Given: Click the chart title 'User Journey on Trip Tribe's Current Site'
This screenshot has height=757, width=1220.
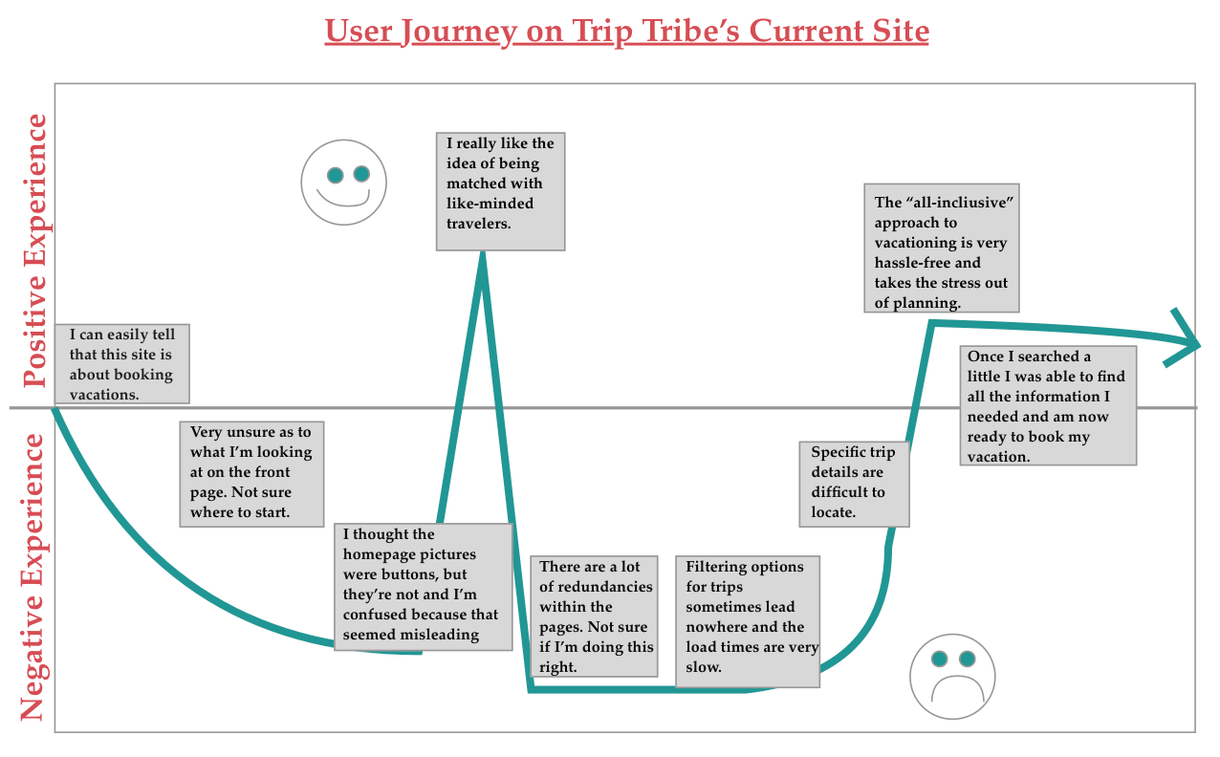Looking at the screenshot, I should click(626, 32).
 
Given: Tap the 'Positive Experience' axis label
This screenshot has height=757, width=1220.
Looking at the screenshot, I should click(34, 250).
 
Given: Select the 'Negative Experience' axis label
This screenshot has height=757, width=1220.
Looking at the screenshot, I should click(34, 576).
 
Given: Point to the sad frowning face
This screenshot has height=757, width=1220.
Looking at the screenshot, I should click(952, 676).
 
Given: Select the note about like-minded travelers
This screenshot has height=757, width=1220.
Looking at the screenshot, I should click(500, 191).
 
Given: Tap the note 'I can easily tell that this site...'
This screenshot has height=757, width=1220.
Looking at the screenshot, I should click(121, 363).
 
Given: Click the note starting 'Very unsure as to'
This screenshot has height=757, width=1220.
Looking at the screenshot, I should click(251, 472).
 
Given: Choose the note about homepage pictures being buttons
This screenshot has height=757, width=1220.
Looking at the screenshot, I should click(423, 586).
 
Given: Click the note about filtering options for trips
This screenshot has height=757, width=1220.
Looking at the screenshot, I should click(748, 621).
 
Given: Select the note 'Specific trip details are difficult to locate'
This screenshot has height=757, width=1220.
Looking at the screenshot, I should click(854, 483).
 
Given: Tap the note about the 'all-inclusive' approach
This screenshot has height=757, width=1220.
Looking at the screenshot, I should click(941, 248).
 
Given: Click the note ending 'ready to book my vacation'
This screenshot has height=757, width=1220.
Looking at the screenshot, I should click(1048, 405).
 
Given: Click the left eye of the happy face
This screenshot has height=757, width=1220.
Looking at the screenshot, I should click(335, 175).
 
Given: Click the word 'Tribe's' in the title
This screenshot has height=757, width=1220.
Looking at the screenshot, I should click(685, 32).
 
